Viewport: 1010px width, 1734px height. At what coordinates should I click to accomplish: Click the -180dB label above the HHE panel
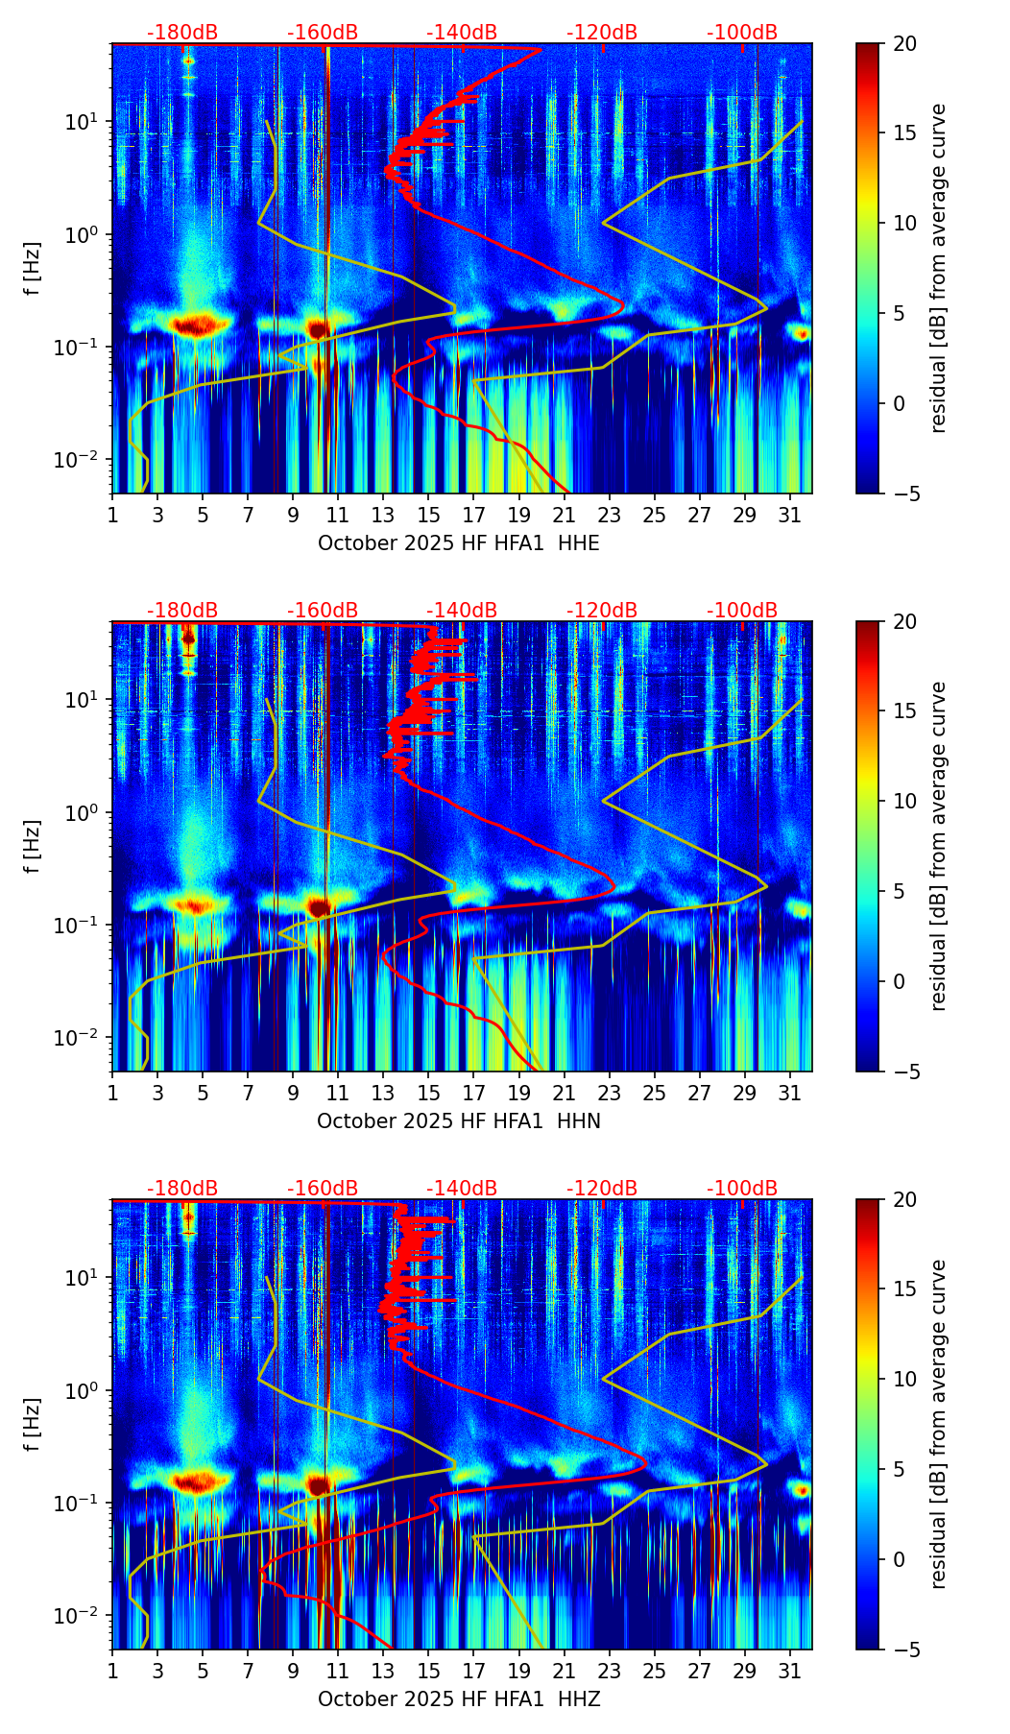(x=182, y=34)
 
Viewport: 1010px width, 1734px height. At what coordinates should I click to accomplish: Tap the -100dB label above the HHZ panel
(x=742, y=1190)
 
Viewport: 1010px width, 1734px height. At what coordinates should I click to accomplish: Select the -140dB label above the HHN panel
(x=462, y=612)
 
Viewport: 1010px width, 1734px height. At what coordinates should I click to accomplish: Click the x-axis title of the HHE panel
(x=459, y=543)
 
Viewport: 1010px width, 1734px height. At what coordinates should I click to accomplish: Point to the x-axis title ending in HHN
(x=459, y=1121)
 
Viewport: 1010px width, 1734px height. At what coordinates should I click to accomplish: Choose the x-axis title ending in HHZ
(x=459, y=1699)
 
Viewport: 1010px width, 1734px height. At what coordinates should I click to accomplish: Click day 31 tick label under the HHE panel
(x=789, y=517)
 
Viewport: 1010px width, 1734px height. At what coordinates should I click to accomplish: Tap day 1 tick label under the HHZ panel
(x=112, y=1673)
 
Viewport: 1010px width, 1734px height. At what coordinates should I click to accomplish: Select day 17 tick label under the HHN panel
(x=473, y=1095)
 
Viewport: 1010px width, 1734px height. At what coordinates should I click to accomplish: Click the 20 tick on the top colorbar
(x=904, y=44)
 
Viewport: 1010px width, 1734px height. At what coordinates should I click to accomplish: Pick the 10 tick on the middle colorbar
(x=904, y=801)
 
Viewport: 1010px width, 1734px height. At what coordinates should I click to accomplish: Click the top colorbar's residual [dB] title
(x=939, y=269)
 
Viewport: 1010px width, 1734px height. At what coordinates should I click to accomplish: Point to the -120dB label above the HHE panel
(x=602, y=34)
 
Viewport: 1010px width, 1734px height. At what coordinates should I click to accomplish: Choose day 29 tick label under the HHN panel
(x=744, y=1095)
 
